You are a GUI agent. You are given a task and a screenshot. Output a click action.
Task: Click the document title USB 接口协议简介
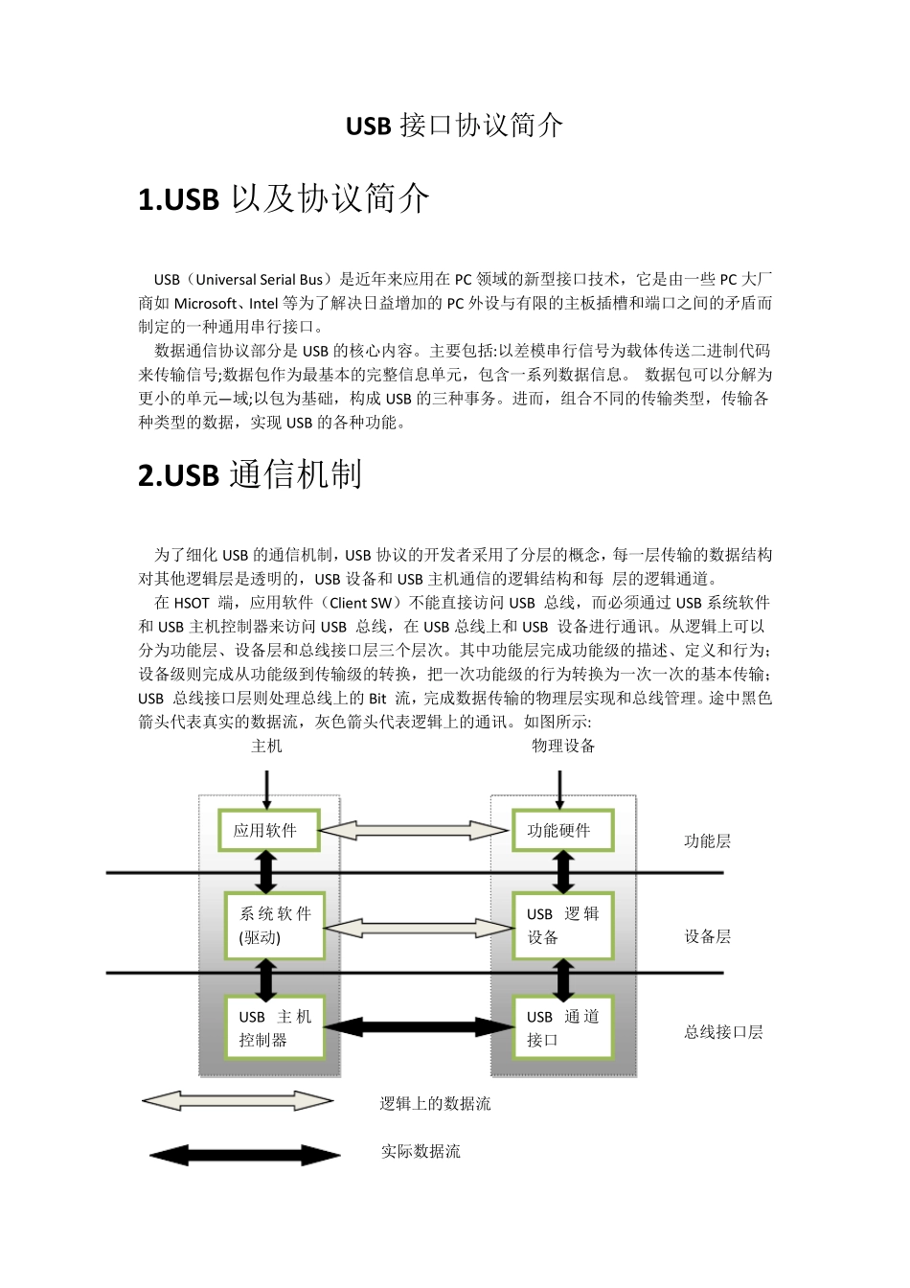coord(454,126)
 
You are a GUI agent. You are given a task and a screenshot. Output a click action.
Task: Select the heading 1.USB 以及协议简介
coord(284,199)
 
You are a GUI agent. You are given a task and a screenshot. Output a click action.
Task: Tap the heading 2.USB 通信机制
coord(250,474)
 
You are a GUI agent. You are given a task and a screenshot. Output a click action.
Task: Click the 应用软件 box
coord(266,831)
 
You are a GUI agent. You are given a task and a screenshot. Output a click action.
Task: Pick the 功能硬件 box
coord(560,831)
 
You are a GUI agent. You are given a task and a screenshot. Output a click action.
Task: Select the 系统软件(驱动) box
coord(274,926)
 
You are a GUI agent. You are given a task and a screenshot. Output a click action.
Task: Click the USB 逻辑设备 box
coord(562,926)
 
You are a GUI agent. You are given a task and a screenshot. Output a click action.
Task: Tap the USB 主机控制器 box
coord(274,1027)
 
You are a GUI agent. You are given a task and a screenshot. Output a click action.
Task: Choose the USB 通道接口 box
coord(562,1027)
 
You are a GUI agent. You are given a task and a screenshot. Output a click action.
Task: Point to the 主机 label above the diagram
coord(266,746)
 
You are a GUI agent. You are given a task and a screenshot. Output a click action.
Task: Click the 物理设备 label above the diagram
coord(563,746)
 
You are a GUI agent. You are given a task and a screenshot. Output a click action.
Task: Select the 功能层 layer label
coord(707,841)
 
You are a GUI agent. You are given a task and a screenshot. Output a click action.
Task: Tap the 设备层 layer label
coord(707,936)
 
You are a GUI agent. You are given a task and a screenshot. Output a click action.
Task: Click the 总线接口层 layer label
coord(723,1032)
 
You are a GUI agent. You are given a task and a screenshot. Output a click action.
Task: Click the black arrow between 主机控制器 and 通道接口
coord(418,1027)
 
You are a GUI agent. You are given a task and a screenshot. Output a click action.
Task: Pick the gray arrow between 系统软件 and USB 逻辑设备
coord(419,927)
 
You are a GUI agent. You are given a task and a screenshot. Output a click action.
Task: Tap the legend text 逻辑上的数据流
coord(435,1104)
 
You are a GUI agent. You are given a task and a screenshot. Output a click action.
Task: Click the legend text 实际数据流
coord(421,1152)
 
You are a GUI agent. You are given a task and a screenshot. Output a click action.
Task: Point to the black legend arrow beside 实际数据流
coord(244,1155)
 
